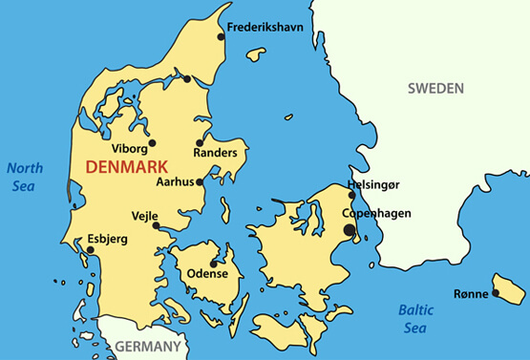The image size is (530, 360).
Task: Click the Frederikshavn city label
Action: pyautogui.click(x=265, y=28)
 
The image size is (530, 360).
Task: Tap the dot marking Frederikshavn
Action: pyautogui.click(x=222, y=37)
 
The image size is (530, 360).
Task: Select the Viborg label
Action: pyautogui.click(x=130, y=150)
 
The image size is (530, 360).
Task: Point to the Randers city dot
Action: pyautogui.click(x=200, y=142)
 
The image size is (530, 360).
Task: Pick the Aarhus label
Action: pyautogui.click(x=175, y=181)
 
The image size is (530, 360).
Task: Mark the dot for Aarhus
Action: pyautogui.click(x=200, y=180)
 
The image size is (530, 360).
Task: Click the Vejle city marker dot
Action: pyautogui.click(x=156, y=226)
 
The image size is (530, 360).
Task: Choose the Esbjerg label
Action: pyautogui.click(x=107, y=239)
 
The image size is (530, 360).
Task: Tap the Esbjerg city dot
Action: pyautogui.click(x=90, y=250)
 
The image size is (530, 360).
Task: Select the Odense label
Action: pyautogui.click(x=207, y=274)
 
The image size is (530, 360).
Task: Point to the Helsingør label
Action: pyautogui.click(x=379, y=185)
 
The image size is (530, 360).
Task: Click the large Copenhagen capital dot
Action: pyautogui.click(x=350, y=229)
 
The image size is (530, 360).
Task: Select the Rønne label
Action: pyautogui.click(x=470, y=293)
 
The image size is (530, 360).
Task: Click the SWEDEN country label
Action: pyautogui.click(x=435, y=89)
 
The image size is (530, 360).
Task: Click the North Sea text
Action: pyautogui.click(x=25, y=177)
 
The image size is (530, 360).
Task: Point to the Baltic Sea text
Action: pyautogui.click(x=414, y=319)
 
